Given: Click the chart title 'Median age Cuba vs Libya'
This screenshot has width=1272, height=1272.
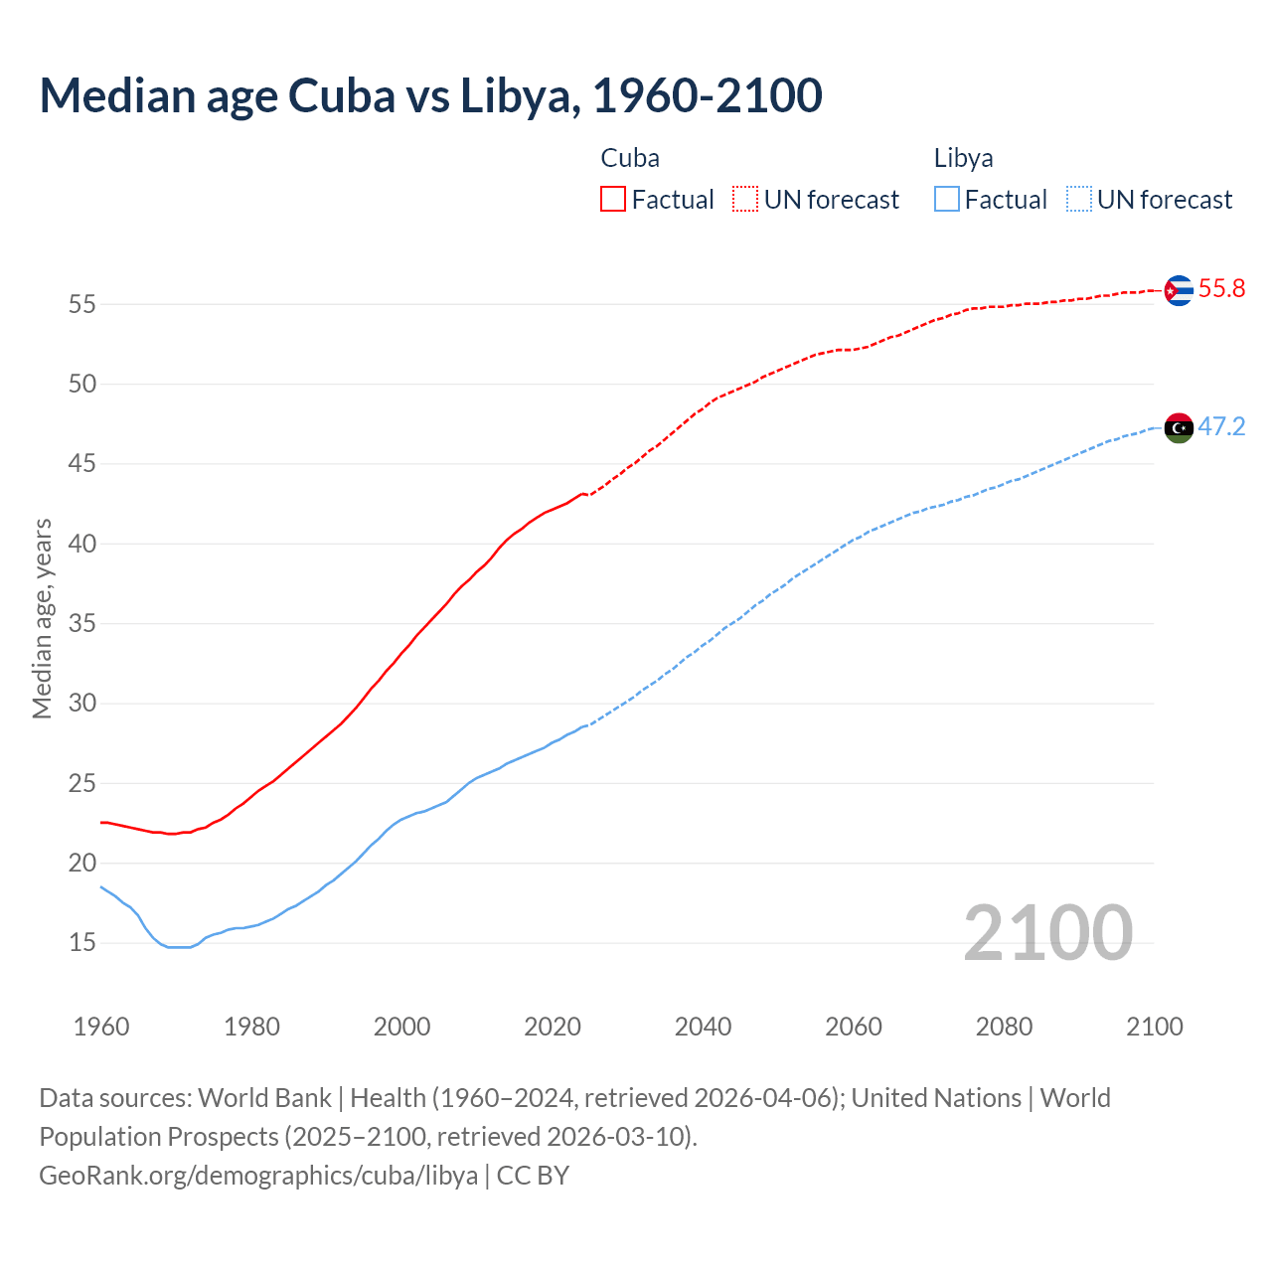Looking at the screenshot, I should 430,96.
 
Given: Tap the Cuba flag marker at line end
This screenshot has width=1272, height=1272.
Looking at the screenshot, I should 1178,290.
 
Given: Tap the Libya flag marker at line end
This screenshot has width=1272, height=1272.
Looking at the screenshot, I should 1178,428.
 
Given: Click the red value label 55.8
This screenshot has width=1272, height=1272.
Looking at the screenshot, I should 1221,289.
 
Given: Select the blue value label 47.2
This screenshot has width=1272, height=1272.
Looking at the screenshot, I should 1221,427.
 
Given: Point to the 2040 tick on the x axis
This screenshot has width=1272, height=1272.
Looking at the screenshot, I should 703,1027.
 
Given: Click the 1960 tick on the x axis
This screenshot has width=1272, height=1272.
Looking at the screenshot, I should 101,1027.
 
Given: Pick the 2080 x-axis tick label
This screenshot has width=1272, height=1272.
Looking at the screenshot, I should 1004,1027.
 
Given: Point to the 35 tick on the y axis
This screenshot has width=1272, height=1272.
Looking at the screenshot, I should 81,624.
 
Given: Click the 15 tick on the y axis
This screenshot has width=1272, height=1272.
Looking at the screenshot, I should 81,943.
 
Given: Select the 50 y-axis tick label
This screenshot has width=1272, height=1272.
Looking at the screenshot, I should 81,385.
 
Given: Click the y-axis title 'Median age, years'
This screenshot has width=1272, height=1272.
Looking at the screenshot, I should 42,618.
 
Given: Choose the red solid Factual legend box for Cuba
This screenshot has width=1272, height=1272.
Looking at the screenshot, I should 613,200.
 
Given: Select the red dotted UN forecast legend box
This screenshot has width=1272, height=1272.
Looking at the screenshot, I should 745,200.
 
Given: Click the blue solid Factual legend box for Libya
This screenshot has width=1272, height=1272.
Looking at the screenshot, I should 947,200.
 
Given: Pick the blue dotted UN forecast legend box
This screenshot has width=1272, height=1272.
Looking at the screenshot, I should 1079,200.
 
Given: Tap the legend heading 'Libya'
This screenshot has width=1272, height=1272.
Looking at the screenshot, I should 963,159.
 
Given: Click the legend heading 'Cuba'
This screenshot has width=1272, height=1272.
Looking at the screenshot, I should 630,159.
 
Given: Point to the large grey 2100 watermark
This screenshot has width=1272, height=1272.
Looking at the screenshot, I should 1047,933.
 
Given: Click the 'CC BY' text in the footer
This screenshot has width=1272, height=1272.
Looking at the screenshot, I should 533,1176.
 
